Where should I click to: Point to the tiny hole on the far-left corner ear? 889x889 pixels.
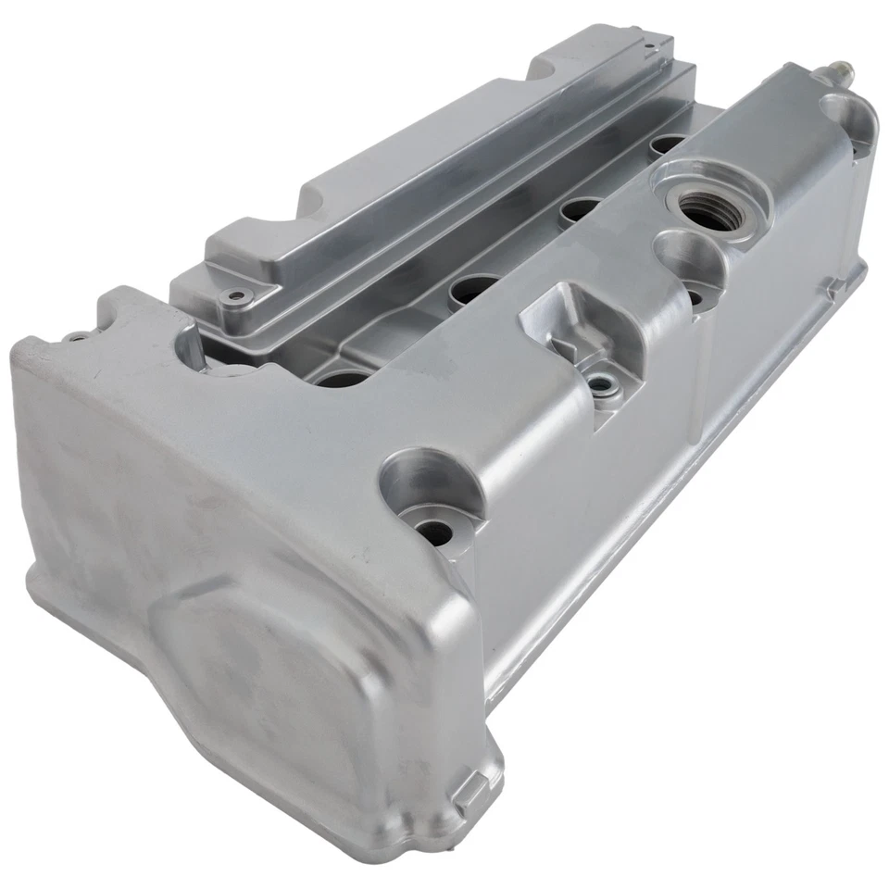click(x=77, y=337)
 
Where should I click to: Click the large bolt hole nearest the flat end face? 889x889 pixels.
click(x=433, y=530)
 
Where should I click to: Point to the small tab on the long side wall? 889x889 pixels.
click(x=834, y=288)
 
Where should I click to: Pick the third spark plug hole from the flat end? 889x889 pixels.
click(x=580, y=209)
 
